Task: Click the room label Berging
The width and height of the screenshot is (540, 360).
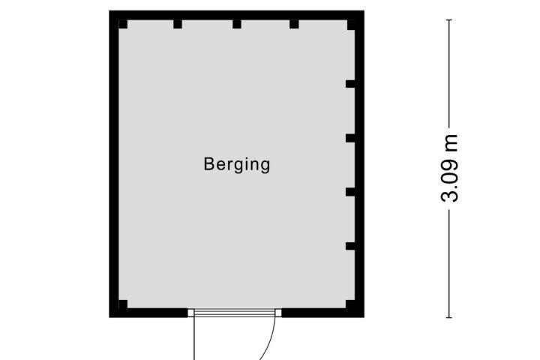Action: [237, 165]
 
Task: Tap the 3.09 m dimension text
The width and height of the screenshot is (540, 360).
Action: [449, 169]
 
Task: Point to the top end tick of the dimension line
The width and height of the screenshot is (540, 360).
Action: [449, 20]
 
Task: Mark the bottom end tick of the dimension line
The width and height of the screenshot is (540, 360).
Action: [449, 318]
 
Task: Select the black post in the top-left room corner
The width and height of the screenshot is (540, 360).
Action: [123, 24]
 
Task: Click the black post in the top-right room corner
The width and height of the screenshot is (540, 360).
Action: [351, 25]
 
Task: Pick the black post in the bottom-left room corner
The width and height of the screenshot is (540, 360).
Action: [123, 304]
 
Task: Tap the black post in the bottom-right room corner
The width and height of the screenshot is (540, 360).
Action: [350, 304]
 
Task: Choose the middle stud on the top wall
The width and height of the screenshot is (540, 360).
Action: [237, 24]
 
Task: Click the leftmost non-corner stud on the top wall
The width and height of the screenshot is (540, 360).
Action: [178, 24]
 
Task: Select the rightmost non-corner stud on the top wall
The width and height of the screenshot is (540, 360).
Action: [294, 24]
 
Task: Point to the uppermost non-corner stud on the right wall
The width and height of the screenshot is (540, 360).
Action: [350, 84]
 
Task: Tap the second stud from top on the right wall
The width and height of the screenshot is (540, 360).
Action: [350, 138]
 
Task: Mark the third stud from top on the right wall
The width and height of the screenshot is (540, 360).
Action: [350, 192]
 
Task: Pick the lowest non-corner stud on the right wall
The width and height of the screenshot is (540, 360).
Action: [350, 246]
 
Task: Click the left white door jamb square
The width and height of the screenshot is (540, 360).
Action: [190, 313]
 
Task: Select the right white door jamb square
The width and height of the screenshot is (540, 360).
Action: [278, 313]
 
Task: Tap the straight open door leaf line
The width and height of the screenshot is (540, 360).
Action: [194, 338]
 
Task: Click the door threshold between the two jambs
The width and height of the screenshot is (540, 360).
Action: [235, 313]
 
